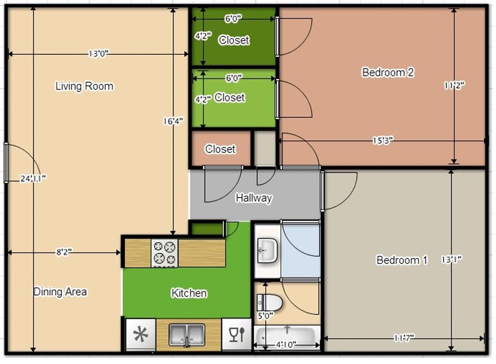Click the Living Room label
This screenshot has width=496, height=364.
click(84, 86)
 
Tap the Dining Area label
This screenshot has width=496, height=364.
click(60, 292)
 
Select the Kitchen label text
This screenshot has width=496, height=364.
click(189, 293)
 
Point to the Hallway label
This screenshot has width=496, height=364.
click(254, 198)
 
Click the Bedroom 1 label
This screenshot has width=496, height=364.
click(402, 260)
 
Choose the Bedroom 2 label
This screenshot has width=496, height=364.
click(388, 72)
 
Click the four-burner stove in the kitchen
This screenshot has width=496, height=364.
click(164, 253)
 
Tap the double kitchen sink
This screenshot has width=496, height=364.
click(187, 335)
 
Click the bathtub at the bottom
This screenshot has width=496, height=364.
click(287, 335)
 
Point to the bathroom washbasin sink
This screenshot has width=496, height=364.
click(267, 251)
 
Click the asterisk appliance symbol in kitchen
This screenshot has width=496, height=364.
click(141, 335)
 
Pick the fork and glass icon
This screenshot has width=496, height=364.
click(237, 334)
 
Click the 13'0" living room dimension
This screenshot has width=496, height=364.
click(98, 54)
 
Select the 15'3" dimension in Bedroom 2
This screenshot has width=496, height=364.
click(383, 141)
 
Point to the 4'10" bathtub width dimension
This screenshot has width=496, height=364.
click(287, 345)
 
